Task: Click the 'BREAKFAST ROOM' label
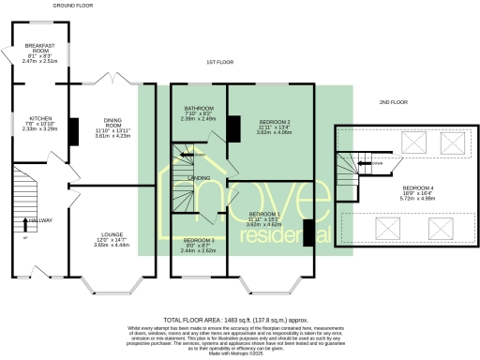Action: (x=39, y=48)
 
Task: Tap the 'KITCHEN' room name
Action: (x=39, y=118)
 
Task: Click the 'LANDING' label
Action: (x=199, y=177)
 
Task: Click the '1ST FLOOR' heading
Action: (x=219, y=63)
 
